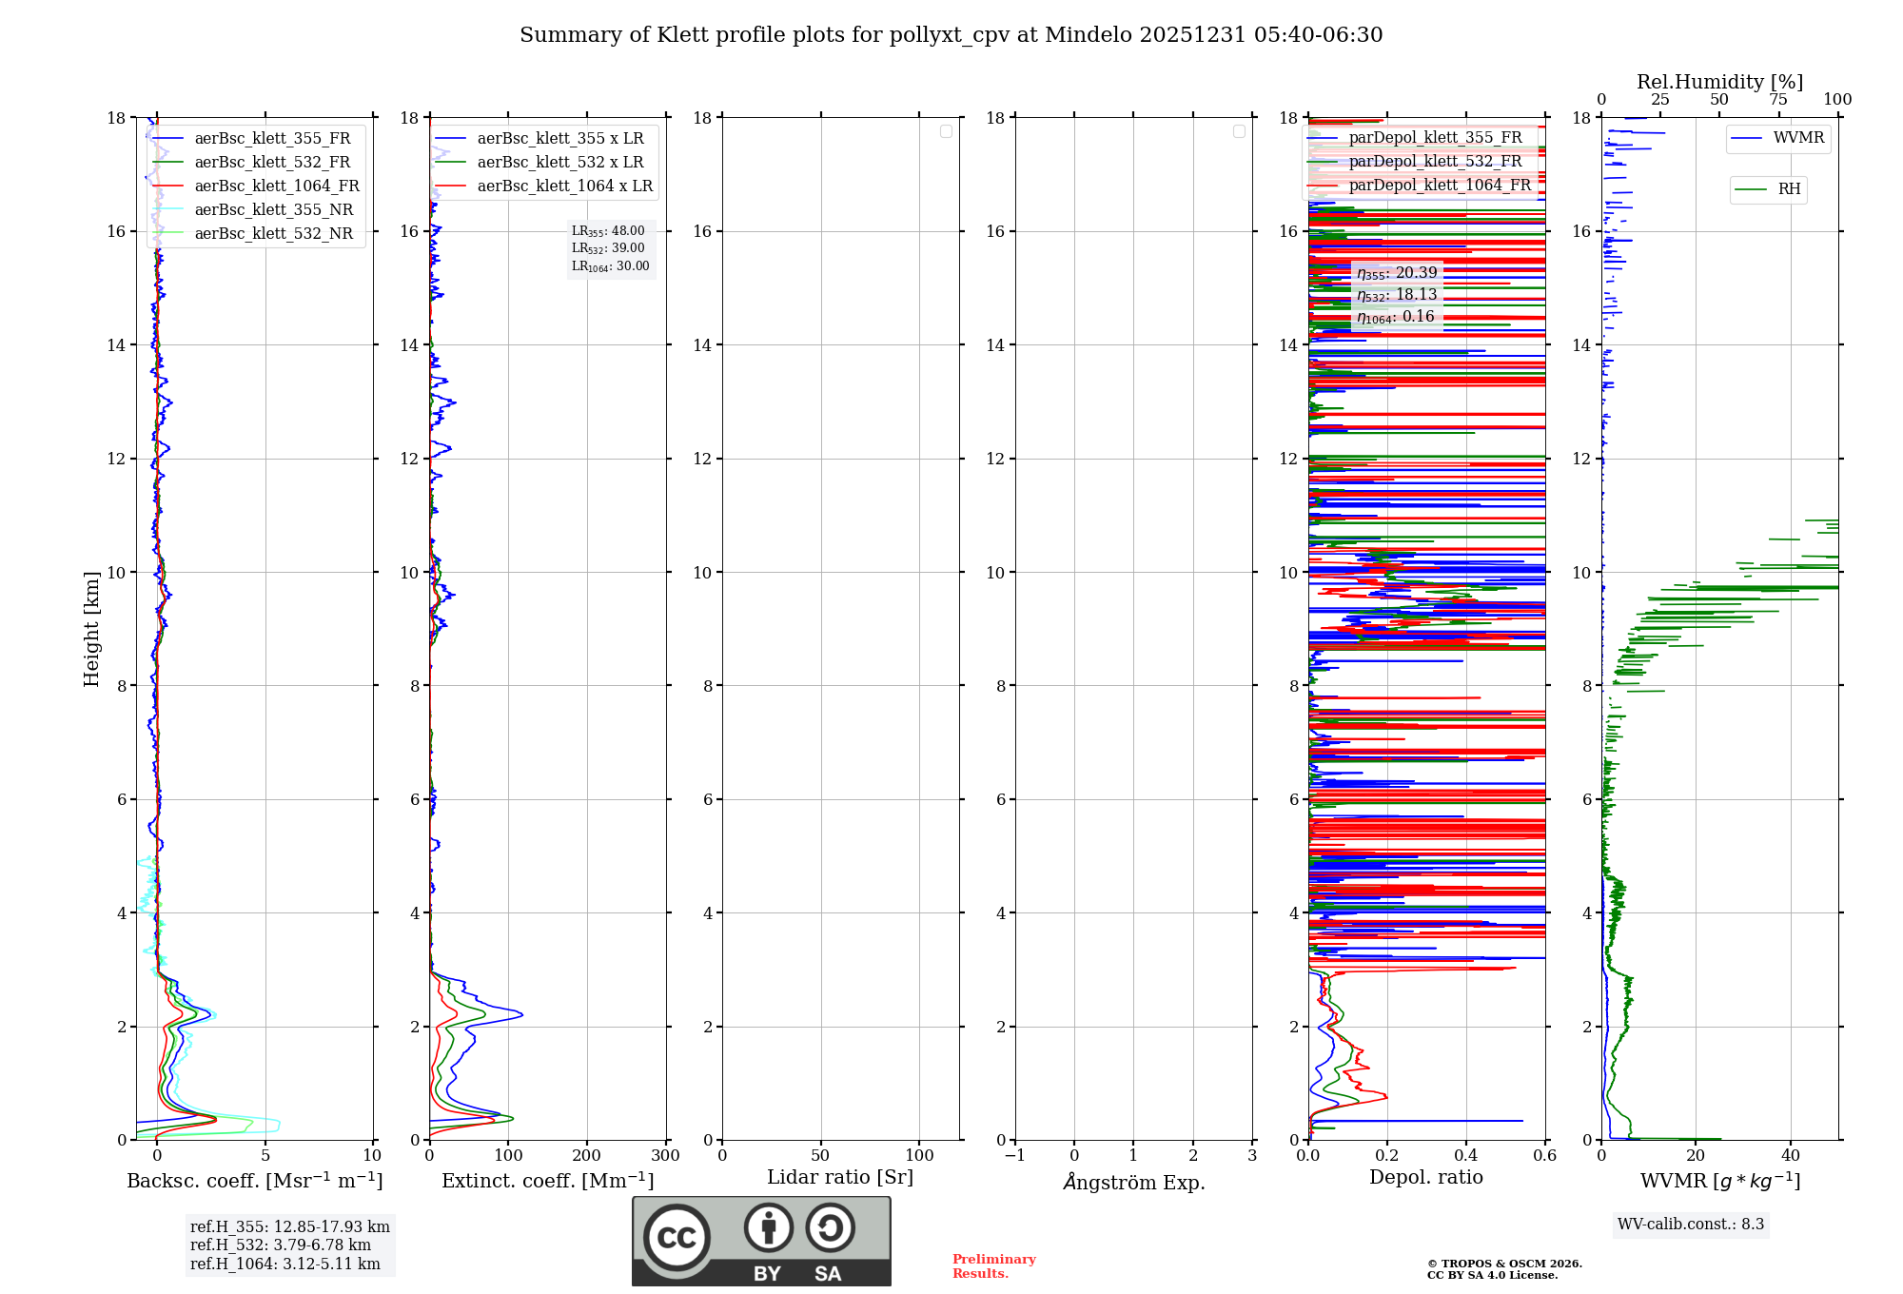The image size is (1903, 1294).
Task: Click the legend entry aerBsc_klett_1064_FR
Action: (x=277, y=186)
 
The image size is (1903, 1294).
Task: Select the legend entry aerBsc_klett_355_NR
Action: (x=273, y=209)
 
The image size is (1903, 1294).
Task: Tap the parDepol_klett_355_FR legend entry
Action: (x=1435, y=137)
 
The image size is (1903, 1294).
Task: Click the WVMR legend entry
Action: (x=1798, y=138)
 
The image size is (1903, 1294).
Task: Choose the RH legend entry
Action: (x=1789, y=189)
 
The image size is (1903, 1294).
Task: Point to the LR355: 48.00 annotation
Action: (x=608, y=231)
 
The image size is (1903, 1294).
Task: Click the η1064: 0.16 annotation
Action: (x=1396, y=317)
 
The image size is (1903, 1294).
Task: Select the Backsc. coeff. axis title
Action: (x=255, y=1181)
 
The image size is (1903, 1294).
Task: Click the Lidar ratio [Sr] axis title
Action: (x=840, y=1177)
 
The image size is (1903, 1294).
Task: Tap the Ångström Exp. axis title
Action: (x=1134, y=1182)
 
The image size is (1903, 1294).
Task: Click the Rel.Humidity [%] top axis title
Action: (x=1719, y=82)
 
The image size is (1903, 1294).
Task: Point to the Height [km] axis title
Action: (x=91, y=629)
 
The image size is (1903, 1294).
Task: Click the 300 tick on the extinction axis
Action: (x=665, y=1155)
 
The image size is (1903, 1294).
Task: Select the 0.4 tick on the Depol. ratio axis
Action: (x=1466, y=1155)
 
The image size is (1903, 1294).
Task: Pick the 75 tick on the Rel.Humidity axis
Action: (x=1777, y=100)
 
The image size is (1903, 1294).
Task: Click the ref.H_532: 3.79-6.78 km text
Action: (x=281, y=1245)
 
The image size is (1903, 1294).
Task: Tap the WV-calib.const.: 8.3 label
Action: (x=1691, y=1224)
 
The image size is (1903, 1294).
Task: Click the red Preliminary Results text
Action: (x=993, y=1266)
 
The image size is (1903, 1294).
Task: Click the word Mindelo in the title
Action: (x=1088, y=35)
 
